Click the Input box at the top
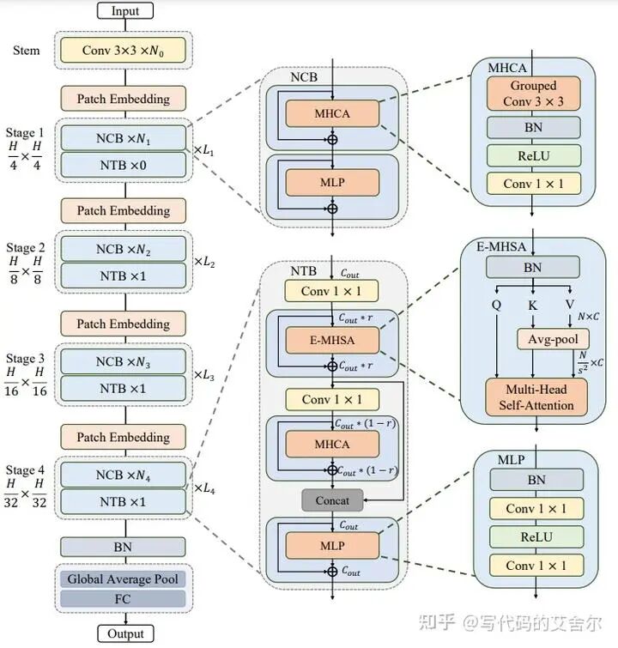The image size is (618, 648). [x=125, y=11]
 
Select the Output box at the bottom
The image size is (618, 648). [x=125, y=633]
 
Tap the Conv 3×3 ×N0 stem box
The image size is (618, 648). [x=123, y=51]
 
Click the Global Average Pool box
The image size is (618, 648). [x=123, y=578]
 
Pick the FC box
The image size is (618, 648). [x=123, y=598]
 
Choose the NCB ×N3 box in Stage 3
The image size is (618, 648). [x=123, y=363]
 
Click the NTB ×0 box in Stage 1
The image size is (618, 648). [x=123, y=164]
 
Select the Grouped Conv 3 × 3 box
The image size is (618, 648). [x=533, y=93]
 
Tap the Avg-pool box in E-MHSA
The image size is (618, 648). [x=553, y=340]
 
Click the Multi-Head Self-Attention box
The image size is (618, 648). [x=537, y=397]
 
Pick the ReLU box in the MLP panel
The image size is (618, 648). [x=536, y=536]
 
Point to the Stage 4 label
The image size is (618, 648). [x=25, y=470]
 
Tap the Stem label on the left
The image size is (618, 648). [x=26, y=50]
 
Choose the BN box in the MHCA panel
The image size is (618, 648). [x=533, y=127]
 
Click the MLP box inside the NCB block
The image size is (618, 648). [x=332, y=182]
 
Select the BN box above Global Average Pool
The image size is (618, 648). [x=123, y=546]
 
